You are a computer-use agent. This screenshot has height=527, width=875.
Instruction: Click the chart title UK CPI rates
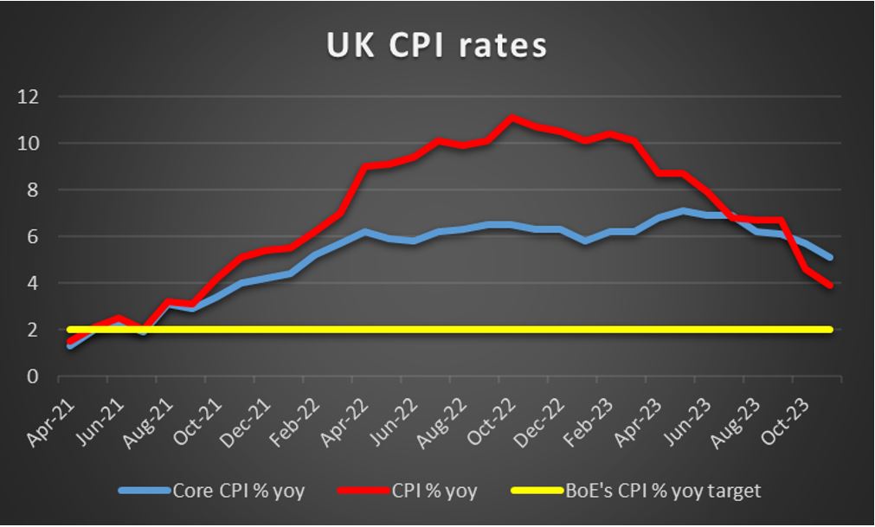point(436,45)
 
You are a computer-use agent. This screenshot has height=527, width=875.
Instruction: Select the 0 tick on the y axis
point(32,376)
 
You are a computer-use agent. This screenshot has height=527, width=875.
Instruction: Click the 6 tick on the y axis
point(32,236)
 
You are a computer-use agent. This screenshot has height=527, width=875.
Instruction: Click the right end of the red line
point(830,286)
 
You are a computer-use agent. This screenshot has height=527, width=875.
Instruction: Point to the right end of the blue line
point(830,257)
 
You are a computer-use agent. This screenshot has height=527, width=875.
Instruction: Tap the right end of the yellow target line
point(830,330)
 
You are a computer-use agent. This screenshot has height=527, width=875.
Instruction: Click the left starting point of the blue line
point(69,346)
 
